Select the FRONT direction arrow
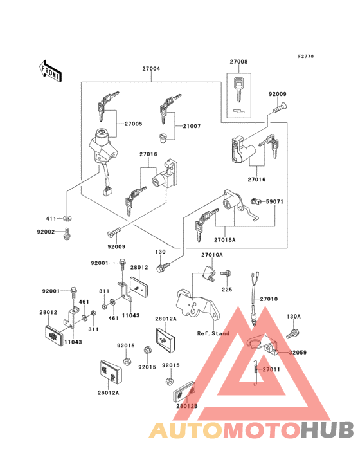(x=51, y=69)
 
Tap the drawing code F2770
(x=305, y=57)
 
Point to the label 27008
(x=239, y=63)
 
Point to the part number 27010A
(x=212, y=255)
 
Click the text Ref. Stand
(x=213, y=334)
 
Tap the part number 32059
(x=298, y=353)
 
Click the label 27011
(x=272, y=370)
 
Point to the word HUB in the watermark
(x=327, y=430)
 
